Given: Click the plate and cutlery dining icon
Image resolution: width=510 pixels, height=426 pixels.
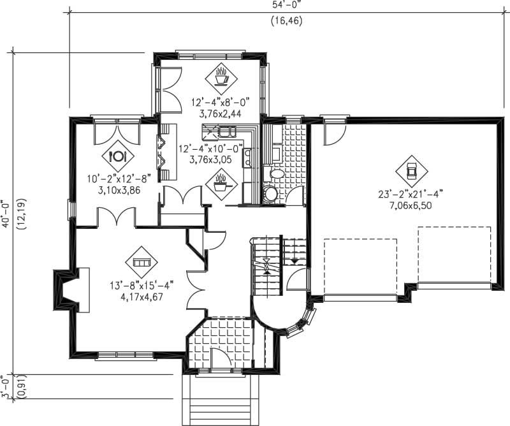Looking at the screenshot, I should [118, 156].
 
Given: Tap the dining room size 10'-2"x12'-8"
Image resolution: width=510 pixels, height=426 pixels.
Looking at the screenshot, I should [114, 179].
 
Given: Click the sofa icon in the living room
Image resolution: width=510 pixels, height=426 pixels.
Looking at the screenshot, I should [140, 262].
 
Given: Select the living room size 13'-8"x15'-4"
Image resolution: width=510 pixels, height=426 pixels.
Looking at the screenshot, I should [140, 285].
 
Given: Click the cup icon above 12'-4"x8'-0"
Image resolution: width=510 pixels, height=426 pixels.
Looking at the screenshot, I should [221, 78].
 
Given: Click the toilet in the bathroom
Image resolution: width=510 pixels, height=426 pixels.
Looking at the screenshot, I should [271, 193].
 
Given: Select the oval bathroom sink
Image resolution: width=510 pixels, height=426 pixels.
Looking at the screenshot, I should [277, 173].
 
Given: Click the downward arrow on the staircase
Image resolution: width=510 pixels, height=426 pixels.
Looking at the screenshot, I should [294, 260].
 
